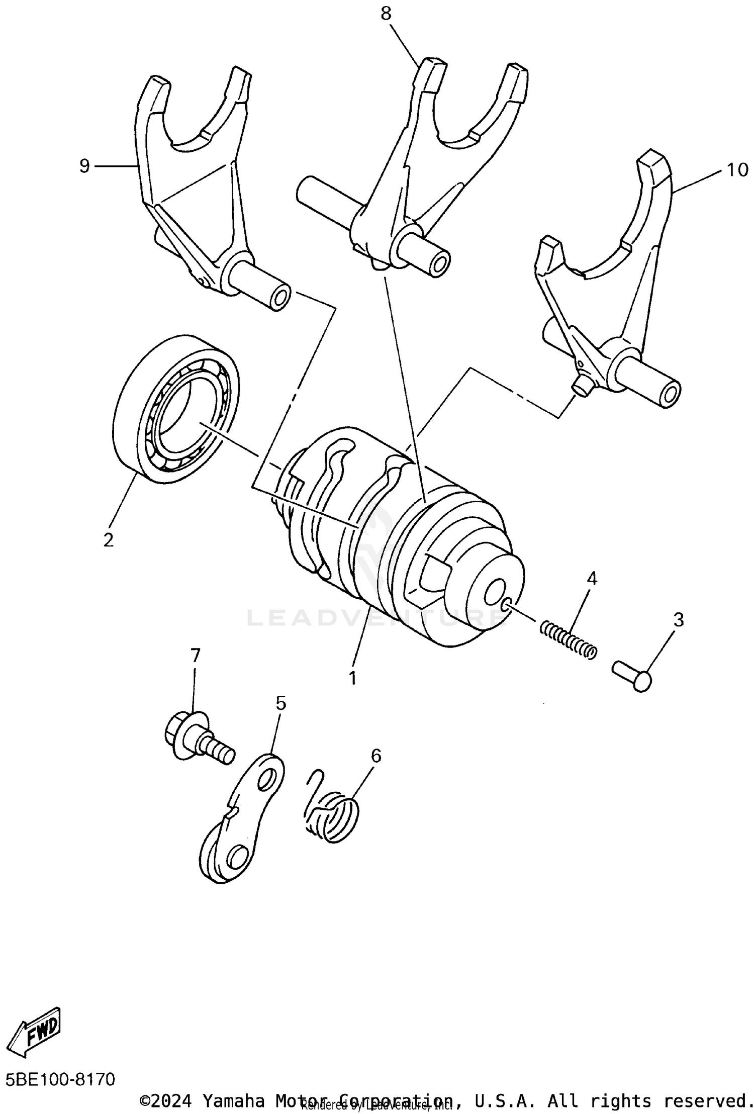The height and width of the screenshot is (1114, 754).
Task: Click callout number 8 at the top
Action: click(x=386, y=14)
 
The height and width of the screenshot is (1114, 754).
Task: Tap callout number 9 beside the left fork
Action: click(x=84, y=165)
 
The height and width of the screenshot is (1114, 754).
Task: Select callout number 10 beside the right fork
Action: click(x=737, y=170)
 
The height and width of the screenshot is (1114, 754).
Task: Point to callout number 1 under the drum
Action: click(x=353, y=678)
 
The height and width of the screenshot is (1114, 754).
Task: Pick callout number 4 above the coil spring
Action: click(x=592, y=579)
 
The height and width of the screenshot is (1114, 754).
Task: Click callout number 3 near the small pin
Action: click(x=678, y=620)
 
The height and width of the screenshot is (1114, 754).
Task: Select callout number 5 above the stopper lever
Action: click(x=280, y=703)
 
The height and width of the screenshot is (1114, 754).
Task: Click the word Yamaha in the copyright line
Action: click(x=233, y=1100)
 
